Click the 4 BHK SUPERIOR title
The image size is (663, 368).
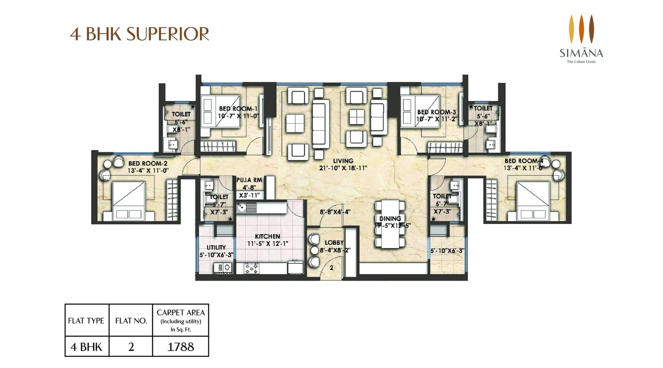[x=140, y=34]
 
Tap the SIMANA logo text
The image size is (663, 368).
[x=581, y=53]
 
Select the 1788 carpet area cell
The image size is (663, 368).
[x=181, y=346]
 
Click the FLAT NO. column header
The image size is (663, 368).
[x=131, y=321]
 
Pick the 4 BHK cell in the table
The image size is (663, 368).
[x=86, y=346]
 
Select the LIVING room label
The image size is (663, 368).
[x=343, y=161]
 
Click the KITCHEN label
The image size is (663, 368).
[x=267, y=236]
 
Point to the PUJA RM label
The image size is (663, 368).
[x=249, y=180]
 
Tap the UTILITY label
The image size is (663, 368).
[x=216, y=248]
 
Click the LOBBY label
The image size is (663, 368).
[x=334, y=243]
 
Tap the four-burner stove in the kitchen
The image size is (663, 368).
[x=252, y=269]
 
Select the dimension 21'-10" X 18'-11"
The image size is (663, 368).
[x=344, y=168]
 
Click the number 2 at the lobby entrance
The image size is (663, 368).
[x=331, y=268]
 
